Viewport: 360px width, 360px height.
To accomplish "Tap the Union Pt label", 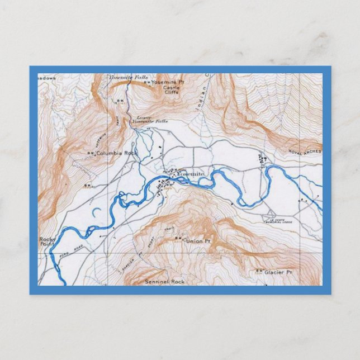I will pos(198,241).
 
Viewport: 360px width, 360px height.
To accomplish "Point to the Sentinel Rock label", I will pos(164,282).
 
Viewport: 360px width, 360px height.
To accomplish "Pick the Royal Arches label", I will pos(305,151).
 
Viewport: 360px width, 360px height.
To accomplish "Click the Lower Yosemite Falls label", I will pos(152,120).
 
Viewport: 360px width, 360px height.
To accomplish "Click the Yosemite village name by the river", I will pos(191,174).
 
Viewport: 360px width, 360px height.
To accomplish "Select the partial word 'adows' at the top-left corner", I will pos(47,78).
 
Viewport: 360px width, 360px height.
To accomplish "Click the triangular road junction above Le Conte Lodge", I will pos(269,212).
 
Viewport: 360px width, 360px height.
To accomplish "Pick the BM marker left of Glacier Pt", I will pos(259,271).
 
